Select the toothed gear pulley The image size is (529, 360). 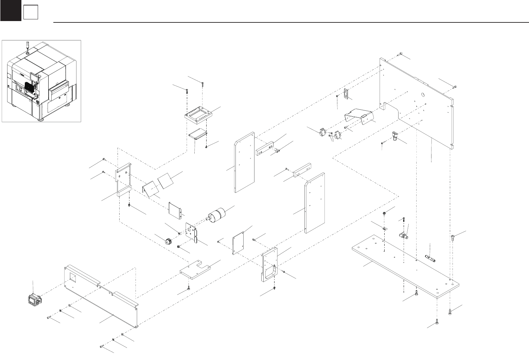pos(169,241)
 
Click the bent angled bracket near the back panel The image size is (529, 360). pos(359,117)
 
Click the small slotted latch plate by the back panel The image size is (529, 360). pos(346,93)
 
